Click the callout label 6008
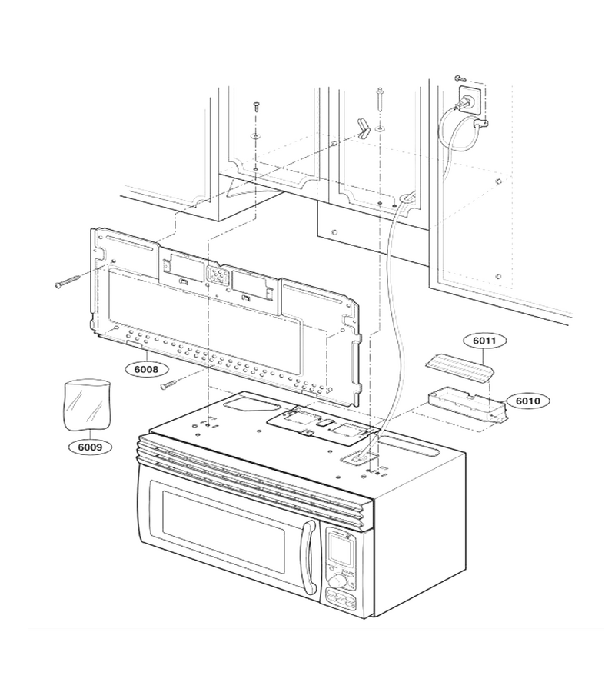click(x=146, y=368)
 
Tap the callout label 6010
click(x=527, y=401)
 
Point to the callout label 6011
click(x=484, y=341)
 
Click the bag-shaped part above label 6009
click(x=87, y=404)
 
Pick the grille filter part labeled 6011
click(x=459, y=368)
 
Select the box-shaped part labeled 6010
click(x=467, y=402)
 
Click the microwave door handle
click(x=309, y=556)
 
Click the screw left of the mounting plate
click(x=68, y=281)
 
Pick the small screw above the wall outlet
click(x=458, y=78)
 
